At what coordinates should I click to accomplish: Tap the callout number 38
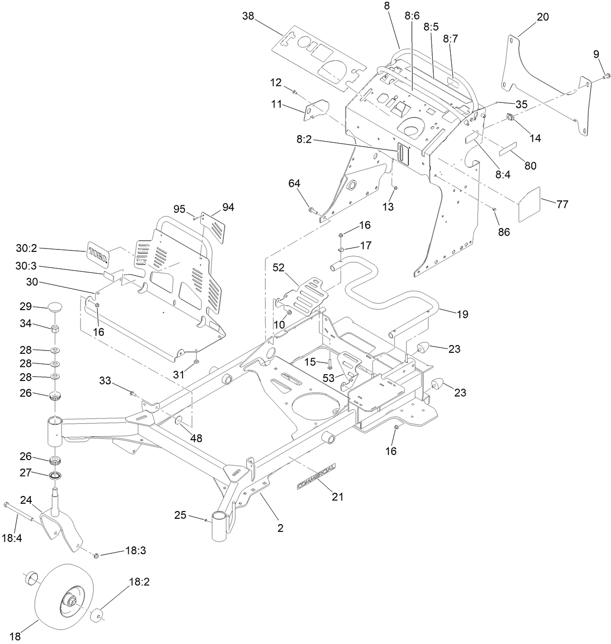[248, 16]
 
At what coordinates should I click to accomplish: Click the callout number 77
[562, 204]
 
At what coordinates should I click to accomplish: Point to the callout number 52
[278, 267]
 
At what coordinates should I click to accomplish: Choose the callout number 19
[462, 314]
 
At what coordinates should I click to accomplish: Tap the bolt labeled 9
[606, 76]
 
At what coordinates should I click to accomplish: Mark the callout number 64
[294, 183]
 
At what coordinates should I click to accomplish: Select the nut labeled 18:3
[96, 555]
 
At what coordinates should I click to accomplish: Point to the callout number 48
[196, 438]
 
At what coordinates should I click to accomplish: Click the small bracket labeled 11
[315, 110]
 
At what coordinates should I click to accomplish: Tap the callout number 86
[504, 232]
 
